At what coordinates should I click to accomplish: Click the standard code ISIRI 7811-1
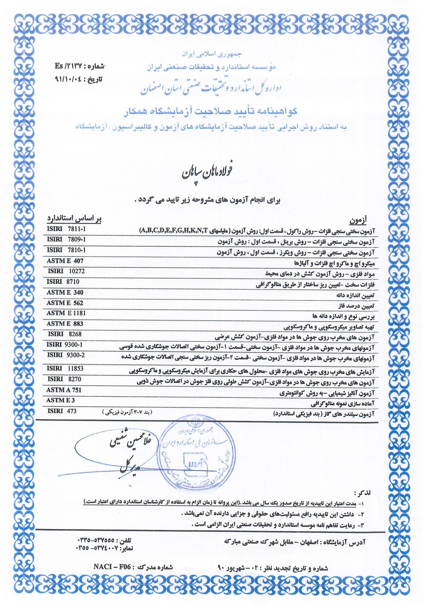[66, 229]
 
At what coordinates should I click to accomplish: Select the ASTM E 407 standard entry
[65, 261]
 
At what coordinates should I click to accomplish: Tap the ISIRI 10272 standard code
[66, 271]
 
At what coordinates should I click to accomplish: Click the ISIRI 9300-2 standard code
[66, 355]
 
